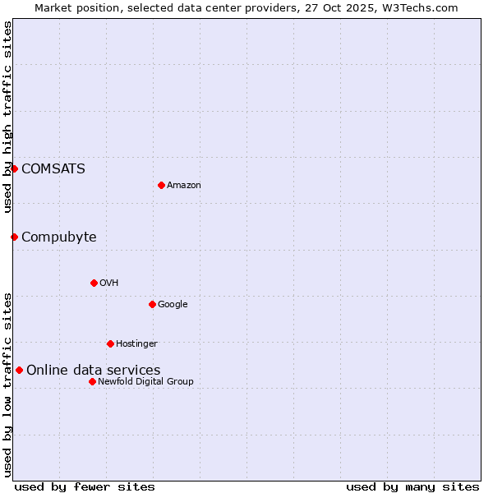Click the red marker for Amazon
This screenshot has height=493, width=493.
(x=161, y=185)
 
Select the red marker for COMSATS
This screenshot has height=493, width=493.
(x=14, y=168)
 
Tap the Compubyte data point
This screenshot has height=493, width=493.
(x=14, y=237)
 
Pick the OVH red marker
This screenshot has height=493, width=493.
(x=94, y=283)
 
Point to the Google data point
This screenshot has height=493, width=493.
(x=152, y=304)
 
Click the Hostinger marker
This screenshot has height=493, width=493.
(x=110, y=343)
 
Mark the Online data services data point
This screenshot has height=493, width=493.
(x=19, y=370)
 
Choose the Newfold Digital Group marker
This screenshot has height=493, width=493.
(x=92, y=381)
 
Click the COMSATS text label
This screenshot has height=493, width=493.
(x=53, y=169)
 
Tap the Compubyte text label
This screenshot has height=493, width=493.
(x=59, y=237)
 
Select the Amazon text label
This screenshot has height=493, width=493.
(x=184, y=186)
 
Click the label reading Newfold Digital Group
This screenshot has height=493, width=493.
(x=146, y=381)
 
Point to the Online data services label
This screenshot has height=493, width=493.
(x=94, y=371)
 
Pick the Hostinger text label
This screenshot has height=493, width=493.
(x=136, y=343)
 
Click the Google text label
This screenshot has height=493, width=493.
(x=173, y=305)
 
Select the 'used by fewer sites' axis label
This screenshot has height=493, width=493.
(x=85, y=486)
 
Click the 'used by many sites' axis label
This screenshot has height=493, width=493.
(x=412, y=486)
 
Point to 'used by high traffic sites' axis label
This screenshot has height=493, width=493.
(x=8, y=117)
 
